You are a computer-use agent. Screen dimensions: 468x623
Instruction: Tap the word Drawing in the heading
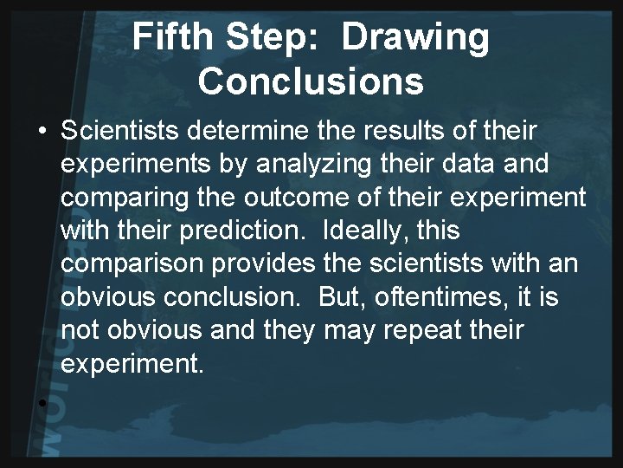point(416,37)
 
